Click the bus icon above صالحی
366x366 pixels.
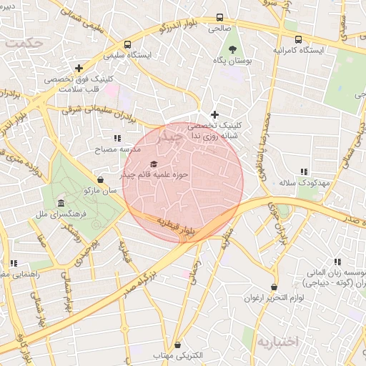219,18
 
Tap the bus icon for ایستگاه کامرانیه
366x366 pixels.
298,40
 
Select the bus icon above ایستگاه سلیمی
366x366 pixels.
127,44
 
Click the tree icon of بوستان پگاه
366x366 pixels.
232,49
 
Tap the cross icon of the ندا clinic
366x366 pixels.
214,114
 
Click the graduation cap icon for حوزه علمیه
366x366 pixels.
154,164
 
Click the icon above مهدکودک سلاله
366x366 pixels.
304,172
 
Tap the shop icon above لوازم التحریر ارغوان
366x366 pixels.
273,287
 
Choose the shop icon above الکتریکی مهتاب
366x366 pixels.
177,345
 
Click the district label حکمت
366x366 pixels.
23,43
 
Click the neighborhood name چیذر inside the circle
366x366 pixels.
169,135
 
